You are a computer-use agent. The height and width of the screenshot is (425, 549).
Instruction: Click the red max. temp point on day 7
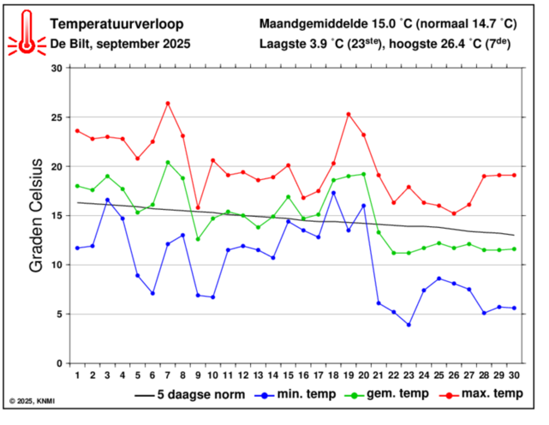point(168,103)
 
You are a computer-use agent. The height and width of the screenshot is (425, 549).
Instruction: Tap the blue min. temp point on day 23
point(409,325)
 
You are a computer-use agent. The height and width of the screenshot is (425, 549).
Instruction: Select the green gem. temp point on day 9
point(198,239)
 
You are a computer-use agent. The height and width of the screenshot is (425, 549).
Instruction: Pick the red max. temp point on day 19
point(349,114)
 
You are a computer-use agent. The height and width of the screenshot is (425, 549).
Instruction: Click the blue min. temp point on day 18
point(333,193)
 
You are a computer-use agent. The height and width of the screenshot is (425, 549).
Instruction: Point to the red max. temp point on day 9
point(198,207)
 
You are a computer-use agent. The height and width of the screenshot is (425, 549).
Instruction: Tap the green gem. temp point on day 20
point(364,174)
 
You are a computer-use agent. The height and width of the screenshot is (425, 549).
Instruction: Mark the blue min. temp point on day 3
point(107,200)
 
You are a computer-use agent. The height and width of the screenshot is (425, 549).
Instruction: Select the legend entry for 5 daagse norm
point(190,395)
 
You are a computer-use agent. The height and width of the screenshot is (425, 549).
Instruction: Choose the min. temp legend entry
point(296,394)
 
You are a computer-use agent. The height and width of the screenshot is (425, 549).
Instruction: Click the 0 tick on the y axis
point(60,363)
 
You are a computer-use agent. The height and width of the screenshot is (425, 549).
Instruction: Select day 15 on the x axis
point(288,375)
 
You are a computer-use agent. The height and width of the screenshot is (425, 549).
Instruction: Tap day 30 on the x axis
point(514,375)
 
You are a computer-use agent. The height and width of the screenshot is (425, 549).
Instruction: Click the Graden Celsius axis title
point(36,215)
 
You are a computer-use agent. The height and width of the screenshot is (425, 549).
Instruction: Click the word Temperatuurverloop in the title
point(116,25)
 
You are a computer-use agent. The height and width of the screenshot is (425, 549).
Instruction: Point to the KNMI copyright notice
point(32,401)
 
